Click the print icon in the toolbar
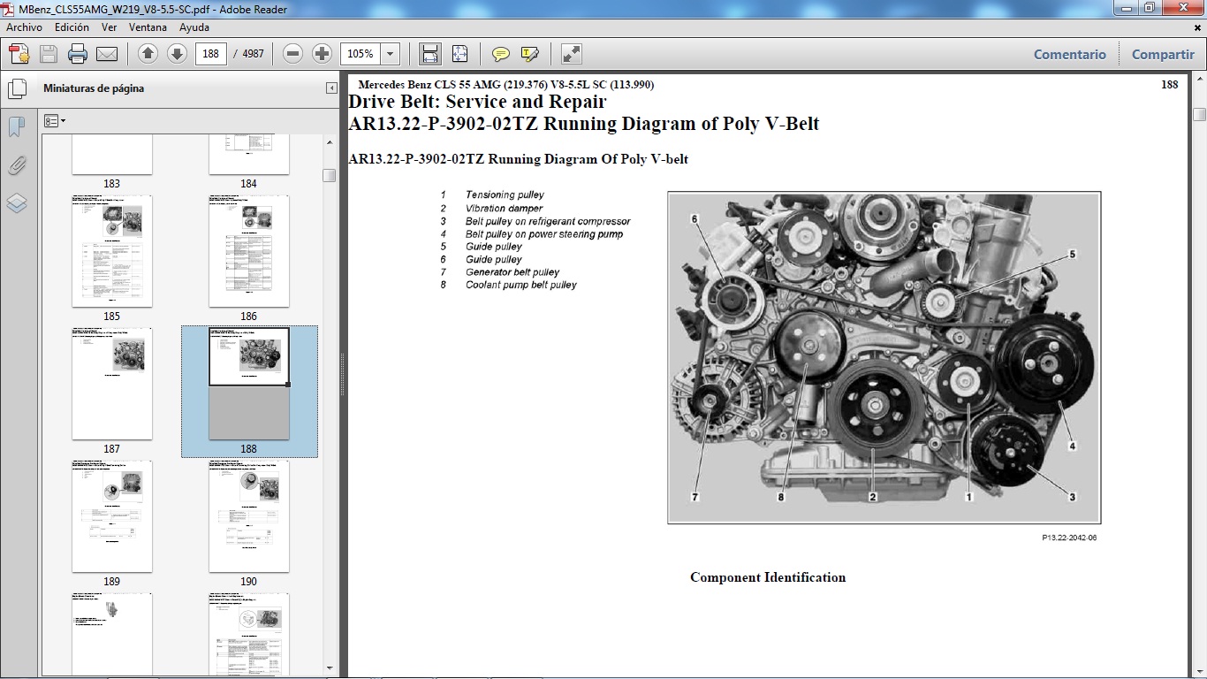coord(78,54)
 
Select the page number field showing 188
coord(210,54)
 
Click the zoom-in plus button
coord(322,54)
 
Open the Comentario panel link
coord(1069,54)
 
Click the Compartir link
coord(1162,54)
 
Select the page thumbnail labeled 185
coord(112,251)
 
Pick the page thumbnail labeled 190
coord(249,516)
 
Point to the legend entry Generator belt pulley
coord(512,272)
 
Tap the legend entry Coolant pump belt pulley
coord(520,285)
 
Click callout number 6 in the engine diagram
coord(695,218)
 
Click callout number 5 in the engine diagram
coord(1072,254)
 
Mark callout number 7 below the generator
coord(695,497)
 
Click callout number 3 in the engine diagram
coord(1072,497)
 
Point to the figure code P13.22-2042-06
coord(1069,538)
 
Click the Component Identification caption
coord(768,577)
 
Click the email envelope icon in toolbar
coord(107,54)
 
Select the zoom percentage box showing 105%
coord(361,54)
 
